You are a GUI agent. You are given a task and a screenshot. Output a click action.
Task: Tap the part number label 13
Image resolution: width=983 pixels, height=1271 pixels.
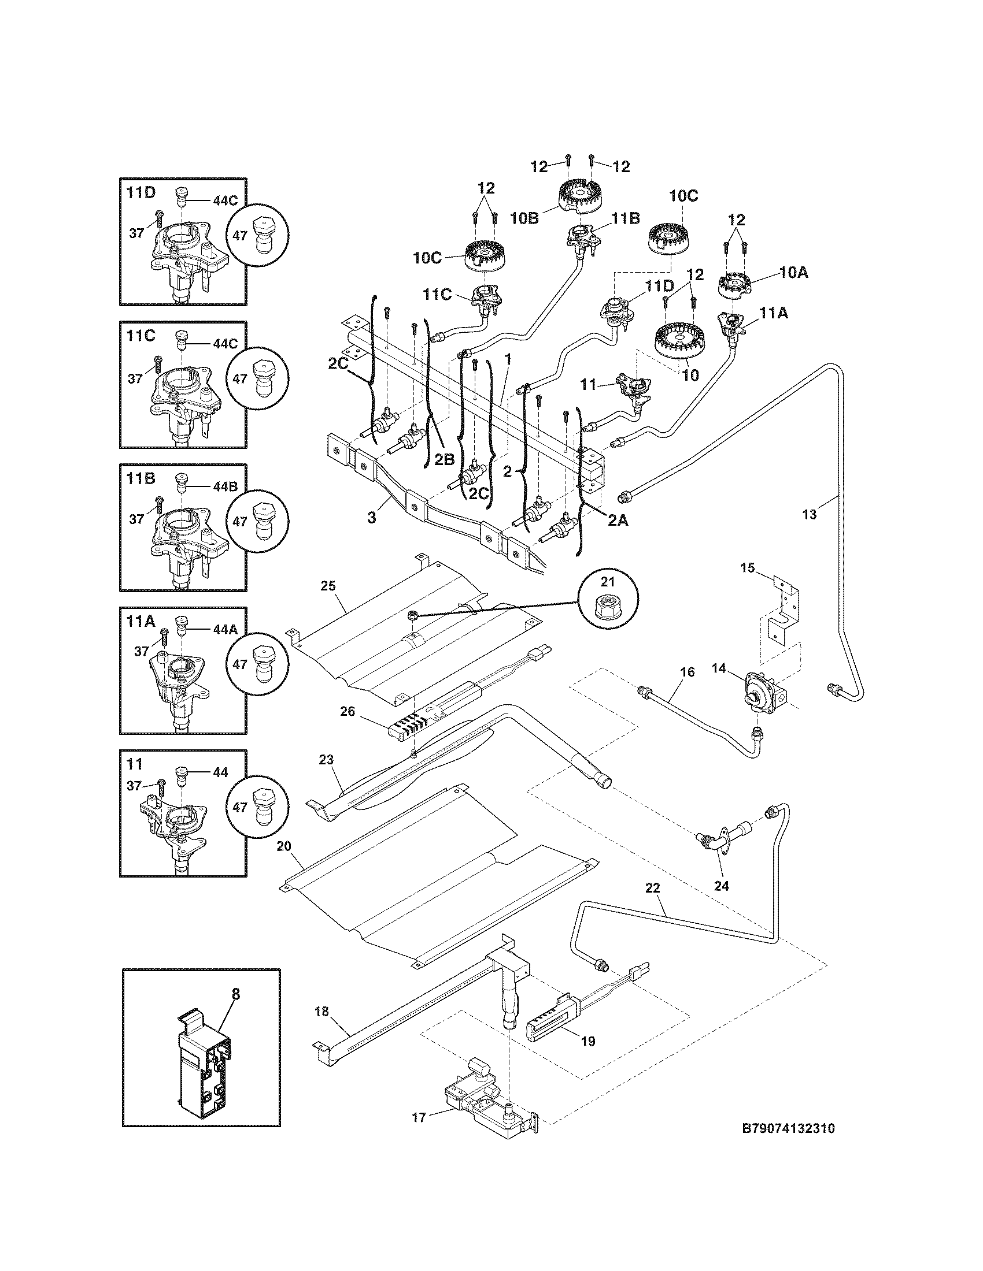(x=810, y=514)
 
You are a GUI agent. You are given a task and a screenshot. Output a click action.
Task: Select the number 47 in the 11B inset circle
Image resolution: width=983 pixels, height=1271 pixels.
(x=240, y=522)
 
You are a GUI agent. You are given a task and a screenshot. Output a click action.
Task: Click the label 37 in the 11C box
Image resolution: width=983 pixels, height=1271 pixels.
(x=135, y=379)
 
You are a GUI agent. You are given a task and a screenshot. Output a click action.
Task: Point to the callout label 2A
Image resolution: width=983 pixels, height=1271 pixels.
(x=618, y=521)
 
